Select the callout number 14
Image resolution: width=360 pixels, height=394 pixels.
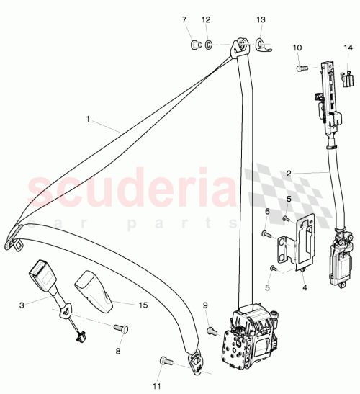tap(348, 48)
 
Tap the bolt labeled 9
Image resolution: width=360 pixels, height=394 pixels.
tap(211, 331)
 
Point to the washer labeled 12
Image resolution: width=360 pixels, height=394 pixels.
tap(207, 47)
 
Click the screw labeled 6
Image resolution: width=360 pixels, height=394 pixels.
tap(267, 233)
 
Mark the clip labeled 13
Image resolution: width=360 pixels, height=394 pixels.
tap(261, 46)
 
